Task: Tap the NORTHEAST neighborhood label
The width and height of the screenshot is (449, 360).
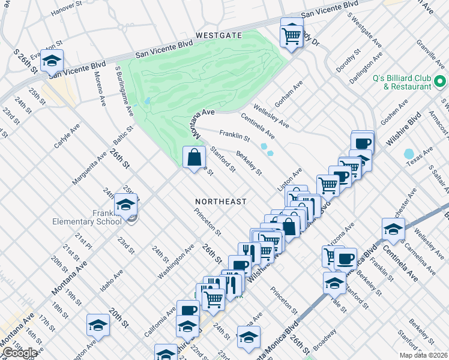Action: tap(220, 202)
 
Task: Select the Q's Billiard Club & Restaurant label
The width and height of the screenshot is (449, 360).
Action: tap(402, 82)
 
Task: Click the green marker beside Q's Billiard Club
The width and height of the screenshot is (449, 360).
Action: tap(439, 81)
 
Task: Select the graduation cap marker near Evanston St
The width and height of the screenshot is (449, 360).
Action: tap(52, 61)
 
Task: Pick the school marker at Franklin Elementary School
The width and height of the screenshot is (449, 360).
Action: tap(126, 205)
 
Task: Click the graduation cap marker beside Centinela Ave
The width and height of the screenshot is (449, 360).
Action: tap(393, 230)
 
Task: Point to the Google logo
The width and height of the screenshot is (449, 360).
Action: tap(20, 353)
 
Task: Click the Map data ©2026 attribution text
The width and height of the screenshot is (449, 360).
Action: tap(423, 355)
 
